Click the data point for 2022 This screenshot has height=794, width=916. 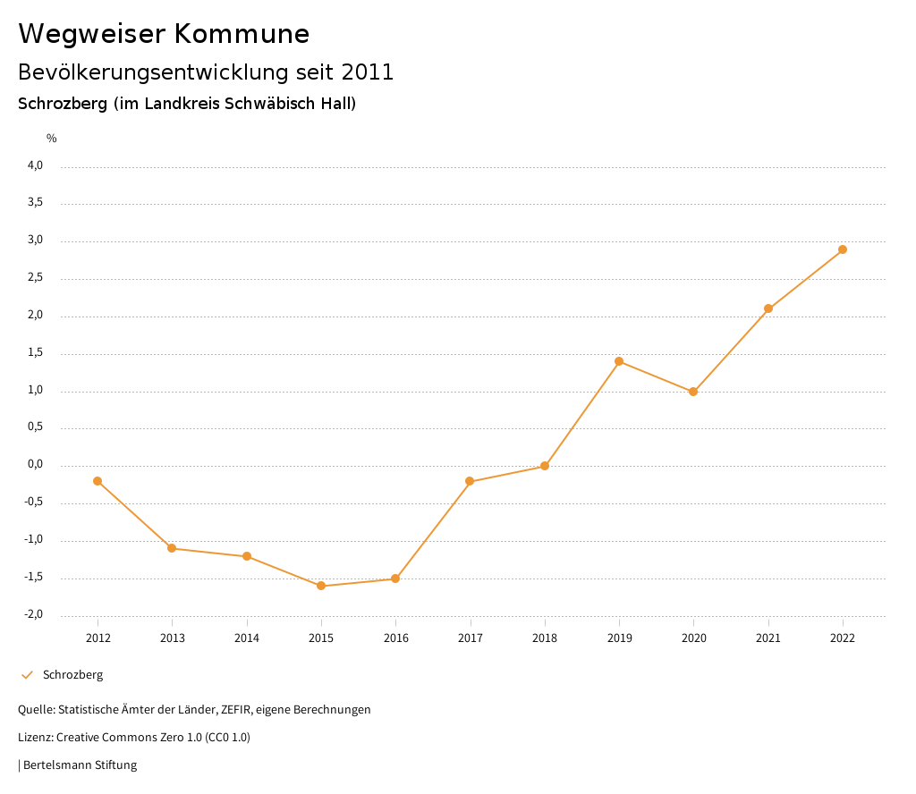(x=843, y=249)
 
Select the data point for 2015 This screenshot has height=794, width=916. (x=321, y=586)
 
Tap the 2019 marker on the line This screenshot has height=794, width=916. (x=619, y=361)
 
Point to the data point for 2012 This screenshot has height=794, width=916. (x=98, y=481)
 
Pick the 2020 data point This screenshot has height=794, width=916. (x=693, y=392)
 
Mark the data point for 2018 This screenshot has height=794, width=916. (x=544, y=466)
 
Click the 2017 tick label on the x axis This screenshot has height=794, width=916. (x=471, y=638)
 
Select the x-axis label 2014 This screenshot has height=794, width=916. (x=247, y=638)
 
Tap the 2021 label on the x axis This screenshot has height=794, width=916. (x=768, y=638)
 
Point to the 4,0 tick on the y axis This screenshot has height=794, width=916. (x=35, y=165)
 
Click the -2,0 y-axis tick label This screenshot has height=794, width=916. (x=33, y=614)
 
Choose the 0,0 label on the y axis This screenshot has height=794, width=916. (x=35, y=465)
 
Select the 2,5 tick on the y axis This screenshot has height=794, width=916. (x=35, y=278)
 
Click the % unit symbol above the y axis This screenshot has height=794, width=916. (x=52, y=138)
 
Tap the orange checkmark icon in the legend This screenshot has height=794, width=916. (x=27, y=675)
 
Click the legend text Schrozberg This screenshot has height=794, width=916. (x=72, y=675)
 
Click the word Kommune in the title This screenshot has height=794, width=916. (x=242, y=34)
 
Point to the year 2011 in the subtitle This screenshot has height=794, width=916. (x=368, y=72)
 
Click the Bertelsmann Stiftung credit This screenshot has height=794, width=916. (x=80, y=765)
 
